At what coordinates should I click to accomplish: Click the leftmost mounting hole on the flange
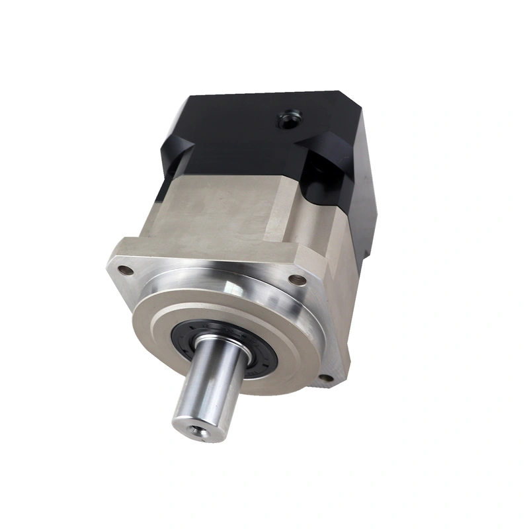[122, 270]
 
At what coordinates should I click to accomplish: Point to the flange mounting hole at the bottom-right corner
[323, 378]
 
